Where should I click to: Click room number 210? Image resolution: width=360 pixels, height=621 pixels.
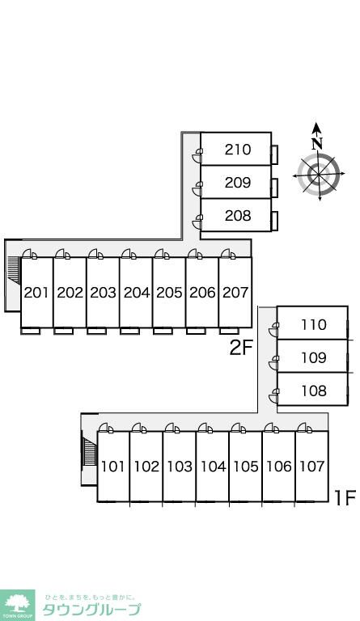pos(238,150)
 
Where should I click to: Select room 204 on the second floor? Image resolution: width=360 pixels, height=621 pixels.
pos(137,292)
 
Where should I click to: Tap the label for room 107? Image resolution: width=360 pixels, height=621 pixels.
pos(312,466)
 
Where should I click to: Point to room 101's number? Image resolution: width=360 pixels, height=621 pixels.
pos(113,466)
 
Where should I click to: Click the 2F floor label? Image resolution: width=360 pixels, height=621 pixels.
pos(241,348)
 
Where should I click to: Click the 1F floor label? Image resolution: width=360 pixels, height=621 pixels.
pos(345,498)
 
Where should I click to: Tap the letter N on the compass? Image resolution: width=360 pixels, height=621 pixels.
pos(316,143)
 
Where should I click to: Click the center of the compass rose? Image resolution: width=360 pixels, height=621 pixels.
pos(319,175)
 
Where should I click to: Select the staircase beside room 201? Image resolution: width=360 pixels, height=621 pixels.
pos(14,269)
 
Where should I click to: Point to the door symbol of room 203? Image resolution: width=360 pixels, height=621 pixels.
pos(95,254)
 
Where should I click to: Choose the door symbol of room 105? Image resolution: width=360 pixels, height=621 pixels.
pos(238,428)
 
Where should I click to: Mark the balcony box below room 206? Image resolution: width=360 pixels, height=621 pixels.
pos(196,331)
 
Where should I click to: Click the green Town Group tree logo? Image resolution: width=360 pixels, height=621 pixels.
pos(17,605)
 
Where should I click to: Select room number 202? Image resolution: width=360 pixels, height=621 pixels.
pos(70,292)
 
